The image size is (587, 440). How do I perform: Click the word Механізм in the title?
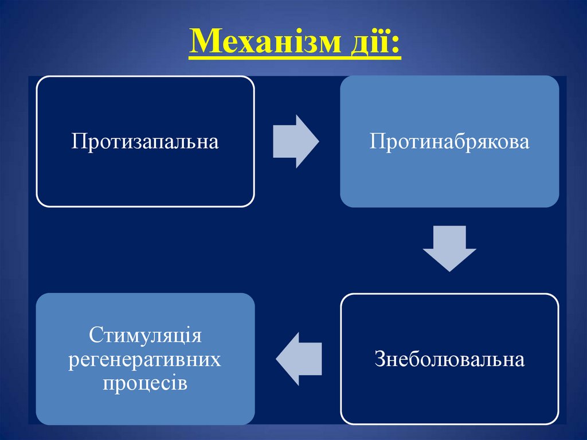coord(268,45)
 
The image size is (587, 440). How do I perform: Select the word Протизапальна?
coord(145,141)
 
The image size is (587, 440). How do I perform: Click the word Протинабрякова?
coord(449,141)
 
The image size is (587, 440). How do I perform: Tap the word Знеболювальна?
coord(449,359)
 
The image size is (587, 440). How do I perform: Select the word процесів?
coord(145,383)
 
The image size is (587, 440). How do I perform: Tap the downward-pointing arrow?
coord(449,248)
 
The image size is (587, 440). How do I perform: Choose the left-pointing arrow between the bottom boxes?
coord(299,359)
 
